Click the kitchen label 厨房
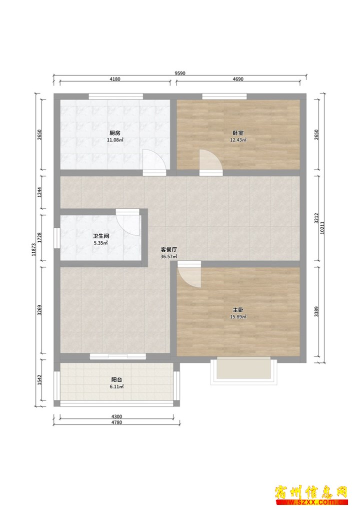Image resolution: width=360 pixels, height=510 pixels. tap(115, 133)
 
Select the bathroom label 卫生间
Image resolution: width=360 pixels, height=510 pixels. tap(100, 236)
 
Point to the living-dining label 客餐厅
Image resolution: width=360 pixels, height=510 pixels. tap(169, 250)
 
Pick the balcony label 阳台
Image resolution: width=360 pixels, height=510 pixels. tap(116, 379)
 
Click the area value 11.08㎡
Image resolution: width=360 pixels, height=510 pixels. tap(115, 140)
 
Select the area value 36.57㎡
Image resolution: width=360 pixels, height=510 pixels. tap(169, 257)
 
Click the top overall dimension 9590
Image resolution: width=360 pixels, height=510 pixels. tap(180, 73)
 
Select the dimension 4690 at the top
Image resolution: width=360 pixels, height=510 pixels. tap(238, 79)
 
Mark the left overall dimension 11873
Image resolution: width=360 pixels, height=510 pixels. tap(34, 250)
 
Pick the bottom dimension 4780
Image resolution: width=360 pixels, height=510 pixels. tap(116, 422)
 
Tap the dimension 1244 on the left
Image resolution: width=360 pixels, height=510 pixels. tap(39, 192)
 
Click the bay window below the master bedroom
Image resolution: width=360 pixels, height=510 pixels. tap(243, 371)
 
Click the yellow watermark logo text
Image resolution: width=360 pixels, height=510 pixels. tap(311, 492)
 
